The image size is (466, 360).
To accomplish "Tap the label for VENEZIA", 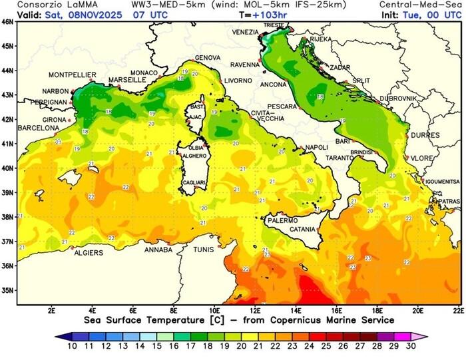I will point(246,32).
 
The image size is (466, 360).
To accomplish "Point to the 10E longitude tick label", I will point(215,310).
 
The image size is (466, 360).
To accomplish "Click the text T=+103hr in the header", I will point(264,13).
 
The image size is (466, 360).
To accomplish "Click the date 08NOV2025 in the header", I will point(86,13).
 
